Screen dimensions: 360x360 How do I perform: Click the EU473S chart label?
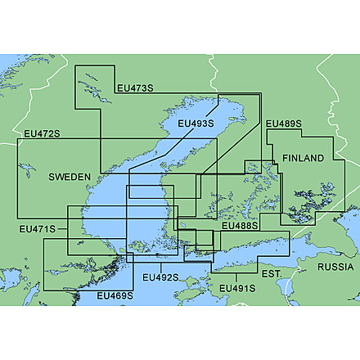[x=134, y=89]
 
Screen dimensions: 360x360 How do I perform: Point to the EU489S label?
[x=284, y=124]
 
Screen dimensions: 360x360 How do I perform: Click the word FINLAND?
[x=303, y=157]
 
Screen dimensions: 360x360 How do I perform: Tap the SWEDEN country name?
[x=70, y=177]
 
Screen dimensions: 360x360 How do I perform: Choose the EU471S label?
[x=38, y=229]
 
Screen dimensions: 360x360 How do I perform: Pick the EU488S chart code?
[x=241, y=225]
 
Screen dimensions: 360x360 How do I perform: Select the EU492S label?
[x=160, y=277]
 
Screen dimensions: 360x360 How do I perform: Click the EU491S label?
[x=238, y=288]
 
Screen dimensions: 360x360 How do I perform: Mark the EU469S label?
[x=115, y=295]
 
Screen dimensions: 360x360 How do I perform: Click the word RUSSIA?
[x=335, y=268]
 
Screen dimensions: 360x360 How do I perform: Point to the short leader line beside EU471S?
[x=64, y=229]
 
